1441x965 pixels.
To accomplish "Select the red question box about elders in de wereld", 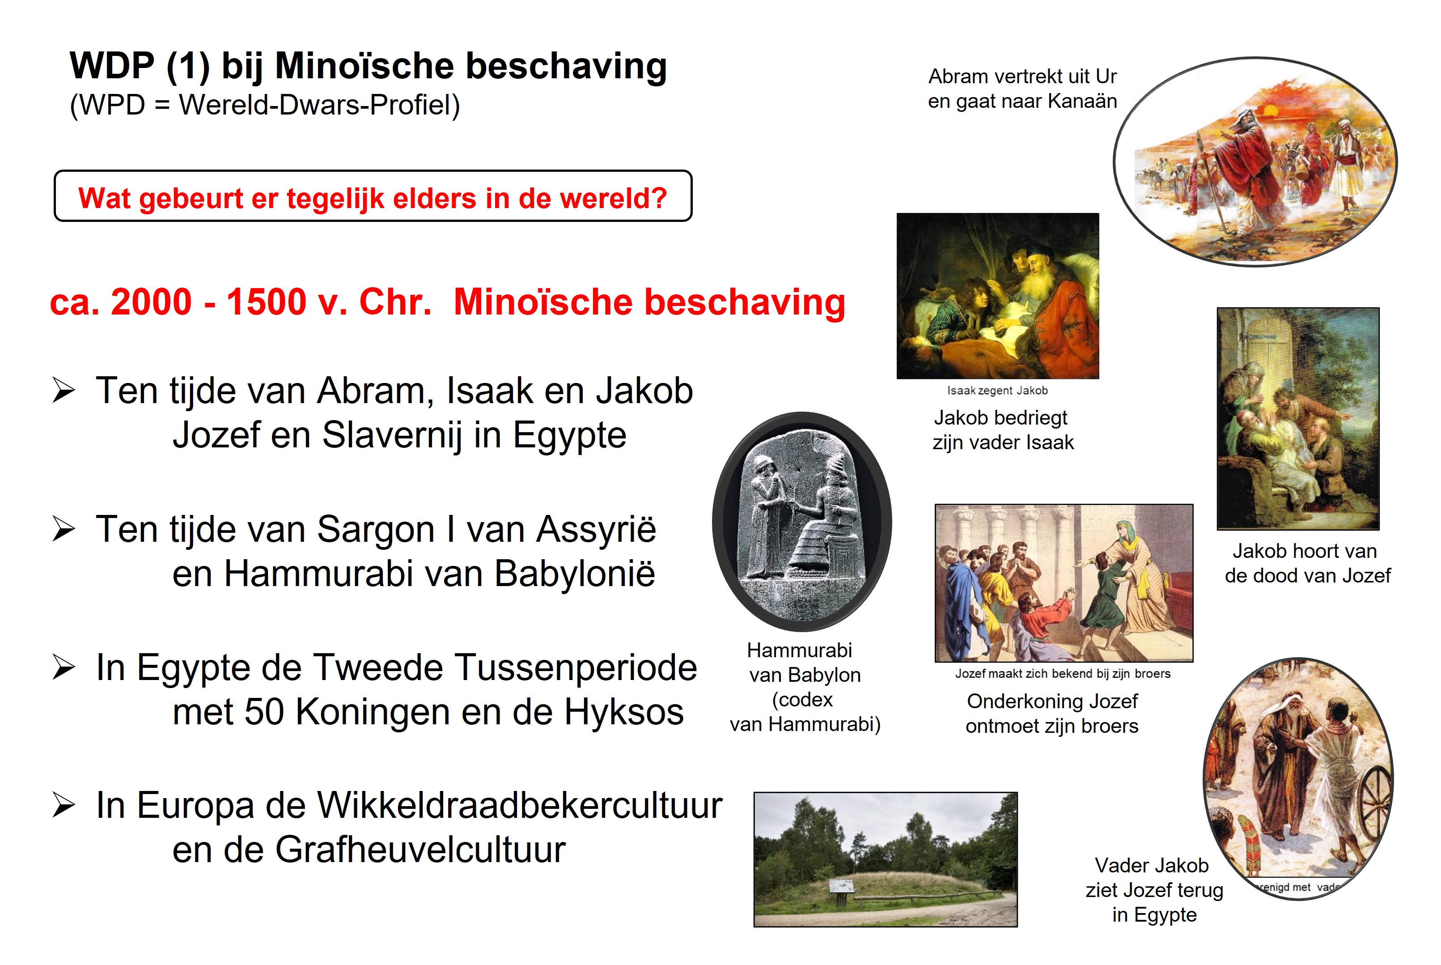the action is click(x=373, y=196).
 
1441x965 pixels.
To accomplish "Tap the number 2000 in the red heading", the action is click(x=151, y=302).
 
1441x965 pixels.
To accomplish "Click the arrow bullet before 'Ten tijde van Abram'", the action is click(x=64, y=390).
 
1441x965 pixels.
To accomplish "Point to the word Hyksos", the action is click(x=624, y=712).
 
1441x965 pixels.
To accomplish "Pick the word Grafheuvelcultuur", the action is click(x=420, y=850).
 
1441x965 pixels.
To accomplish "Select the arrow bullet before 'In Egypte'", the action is click(x=64, y=667).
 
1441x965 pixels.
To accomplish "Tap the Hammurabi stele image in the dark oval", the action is click(x=802, y=521).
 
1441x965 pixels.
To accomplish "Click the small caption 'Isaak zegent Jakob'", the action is click(x=997, y=390).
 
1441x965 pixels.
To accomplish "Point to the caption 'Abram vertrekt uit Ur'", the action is click(x=1022, y=77).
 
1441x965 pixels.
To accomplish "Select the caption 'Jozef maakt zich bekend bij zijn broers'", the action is click(x=1063, y=673).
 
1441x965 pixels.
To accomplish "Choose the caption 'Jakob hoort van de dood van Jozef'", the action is click(x=1307, y=563).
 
